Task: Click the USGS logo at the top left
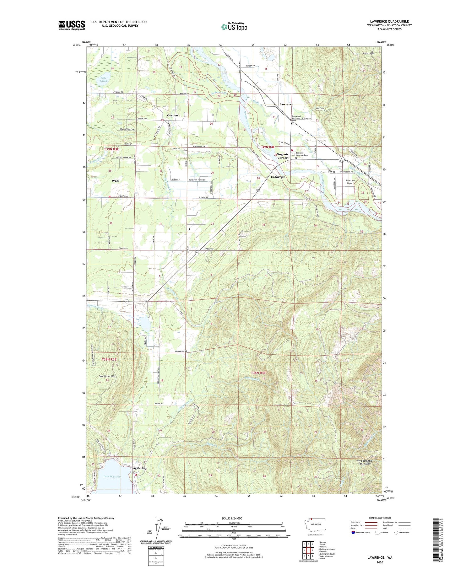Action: click(72, 25)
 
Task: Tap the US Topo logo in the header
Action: click(234, 27)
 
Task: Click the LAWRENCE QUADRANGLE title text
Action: click(389, 21)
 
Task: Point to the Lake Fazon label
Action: click(104, 79)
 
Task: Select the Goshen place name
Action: click(172, 115)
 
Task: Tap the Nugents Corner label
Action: click(282, 156)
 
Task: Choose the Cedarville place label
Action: click(278, 177)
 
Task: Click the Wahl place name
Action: click(115, 181)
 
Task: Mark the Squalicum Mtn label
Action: click(107, 376)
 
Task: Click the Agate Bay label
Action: click(140, 468)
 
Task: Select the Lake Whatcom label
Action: click(112, 476)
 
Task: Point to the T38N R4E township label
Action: click(258, 373)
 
